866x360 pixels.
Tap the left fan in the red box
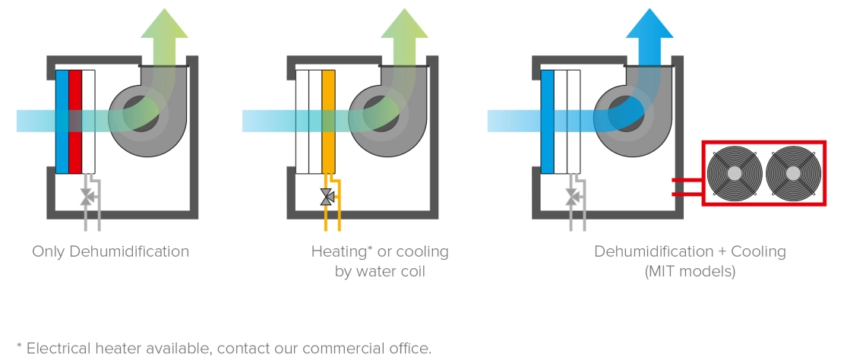click(734, 173)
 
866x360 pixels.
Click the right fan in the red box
click(793, 173)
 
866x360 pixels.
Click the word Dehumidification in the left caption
click(129, 251)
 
